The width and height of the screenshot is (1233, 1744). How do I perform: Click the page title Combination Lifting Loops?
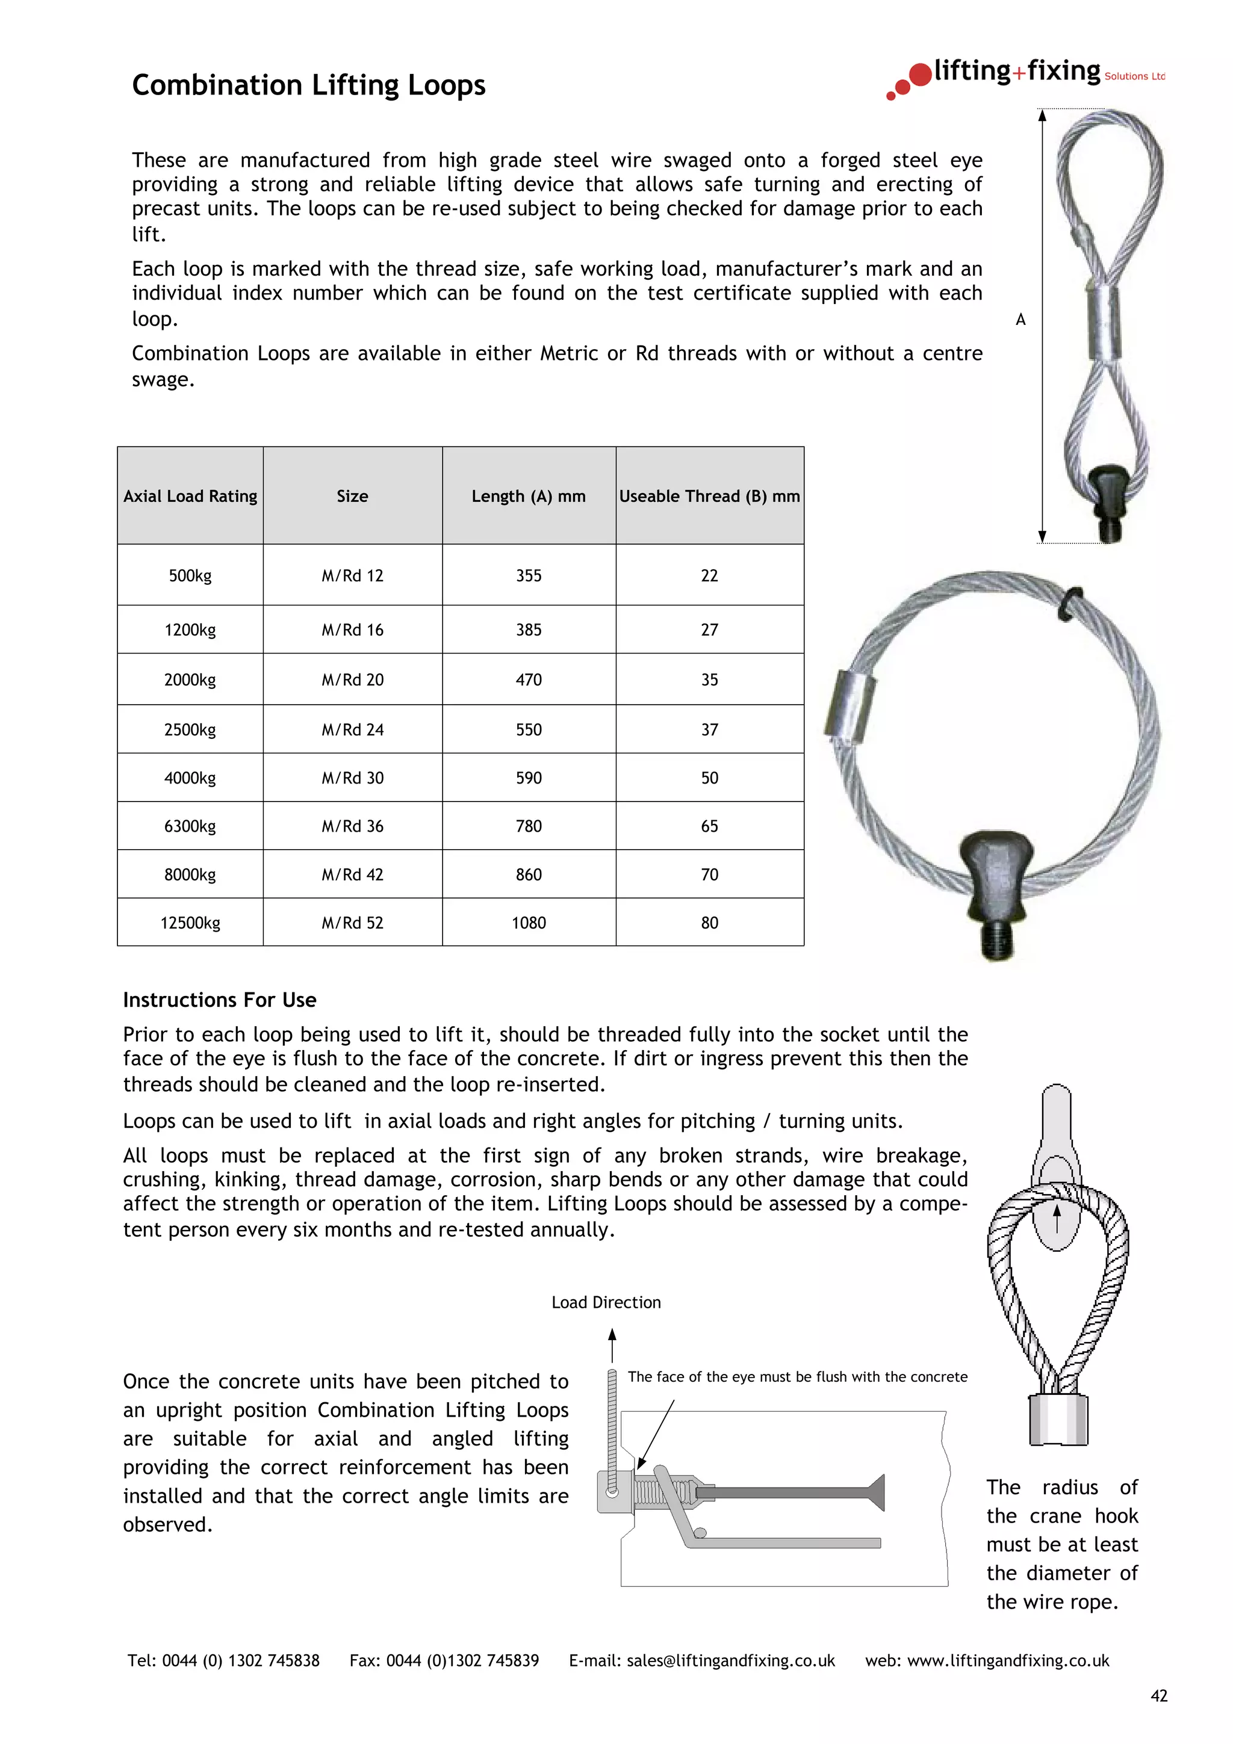[308, 85]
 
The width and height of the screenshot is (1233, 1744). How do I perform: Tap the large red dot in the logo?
[920, 75]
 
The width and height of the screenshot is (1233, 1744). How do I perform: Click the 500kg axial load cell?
[190, 576]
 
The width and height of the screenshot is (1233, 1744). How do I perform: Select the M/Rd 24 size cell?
[353, 730]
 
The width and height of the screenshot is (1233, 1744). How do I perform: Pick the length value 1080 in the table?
[529, 923]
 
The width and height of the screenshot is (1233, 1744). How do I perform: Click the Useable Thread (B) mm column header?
[710, 496]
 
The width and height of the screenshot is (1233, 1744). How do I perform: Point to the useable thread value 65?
[710, 826]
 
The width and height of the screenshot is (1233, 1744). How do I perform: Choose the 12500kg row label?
[190, 923]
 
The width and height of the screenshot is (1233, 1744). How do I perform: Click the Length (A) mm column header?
[529, 496]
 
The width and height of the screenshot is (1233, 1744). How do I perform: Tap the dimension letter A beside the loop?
[1020, 320]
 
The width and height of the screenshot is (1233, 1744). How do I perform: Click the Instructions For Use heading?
[220, 1000]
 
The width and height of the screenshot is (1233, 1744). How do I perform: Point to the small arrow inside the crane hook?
[1056, 1220]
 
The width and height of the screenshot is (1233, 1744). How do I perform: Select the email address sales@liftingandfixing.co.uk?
[730, 1661]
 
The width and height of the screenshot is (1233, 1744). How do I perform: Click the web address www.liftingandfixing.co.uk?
[1008, 1661]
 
